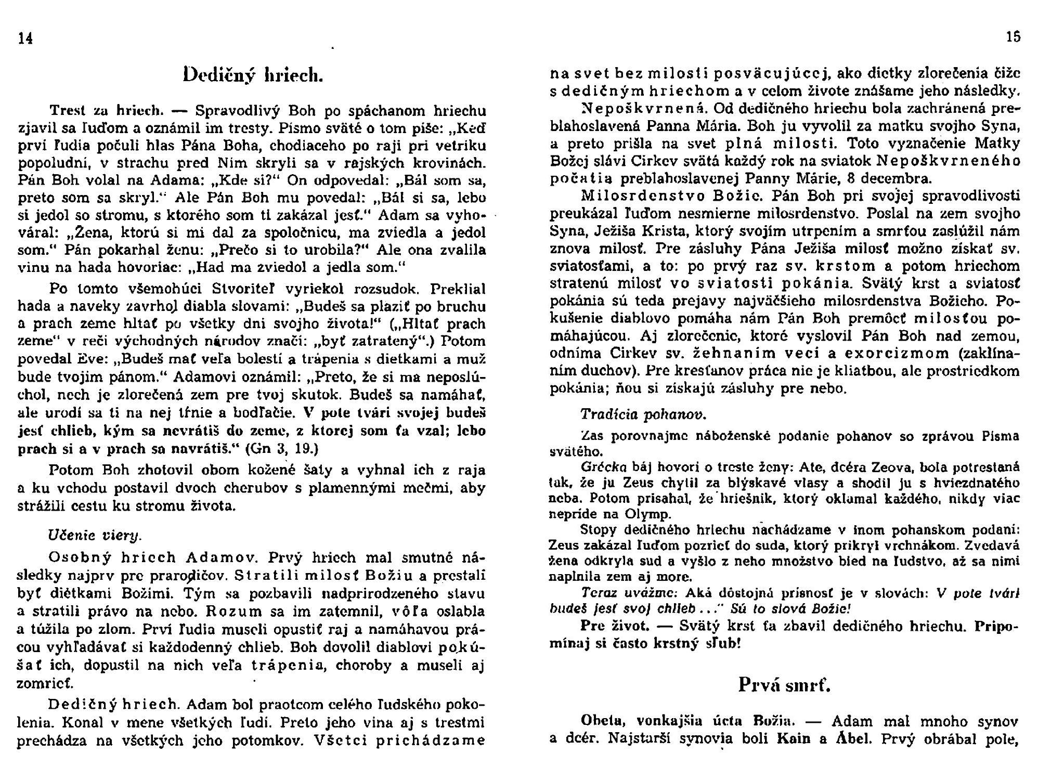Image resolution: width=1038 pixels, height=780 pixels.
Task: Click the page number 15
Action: click(x=1013, y=37)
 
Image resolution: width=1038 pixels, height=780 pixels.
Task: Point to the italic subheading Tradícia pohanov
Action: click(x=643, y=414)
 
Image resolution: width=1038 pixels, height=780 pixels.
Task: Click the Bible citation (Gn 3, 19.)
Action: click(x=281, y=448)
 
